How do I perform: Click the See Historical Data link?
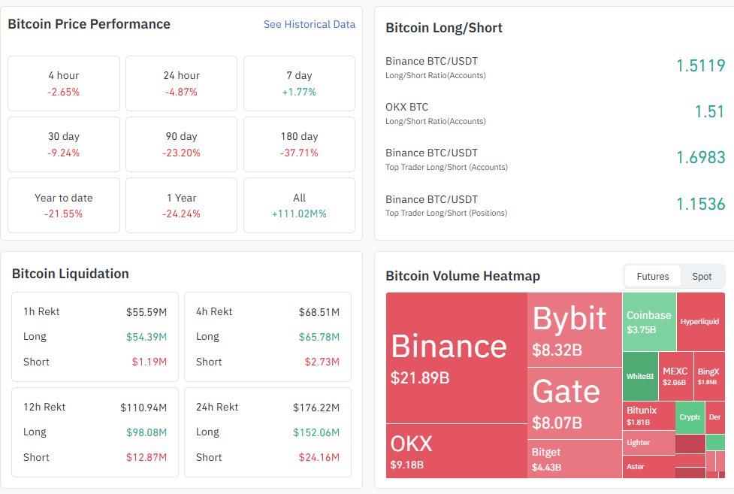(x=309, y=24)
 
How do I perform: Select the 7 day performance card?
(x=299, y=83)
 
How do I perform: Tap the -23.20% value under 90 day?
(x=181, y=153)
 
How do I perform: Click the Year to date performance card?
(x=64, y=205)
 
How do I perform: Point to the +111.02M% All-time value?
(x=299, y=214)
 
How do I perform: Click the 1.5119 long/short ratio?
(x=700, y=65)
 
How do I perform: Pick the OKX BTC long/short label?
(x=407, y=107)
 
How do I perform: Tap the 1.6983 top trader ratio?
(x=700, y=157)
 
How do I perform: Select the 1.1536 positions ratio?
(x=700, y=203)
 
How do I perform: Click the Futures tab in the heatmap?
(x=652, y=276)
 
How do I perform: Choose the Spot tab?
(x=702, y=276)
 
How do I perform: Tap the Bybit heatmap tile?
(x=575, y=329)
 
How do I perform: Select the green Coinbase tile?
(x=649, y=321)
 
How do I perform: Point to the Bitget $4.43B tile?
(x=575, y=459)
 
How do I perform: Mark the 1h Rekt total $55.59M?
(x=146, y=311)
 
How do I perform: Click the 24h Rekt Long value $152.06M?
(x=316, y=432)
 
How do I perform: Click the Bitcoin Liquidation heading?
(x=71, y=274)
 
